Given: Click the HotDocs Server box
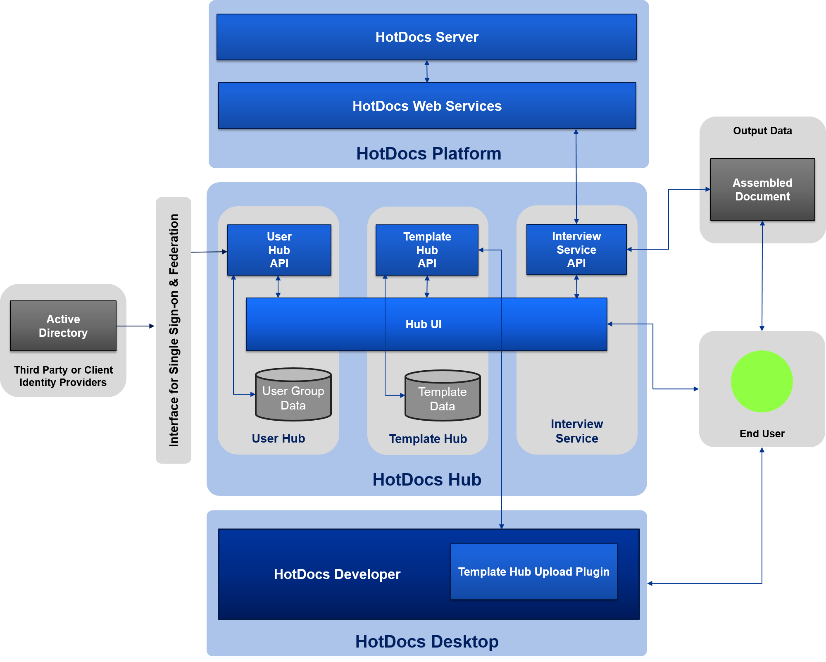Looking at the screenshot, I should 426,37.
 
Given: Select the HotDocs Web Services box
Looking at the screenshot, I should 427,106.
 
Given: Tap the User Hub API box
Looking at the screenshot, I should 279,250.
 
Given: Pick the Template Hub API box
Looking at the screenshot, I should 427,250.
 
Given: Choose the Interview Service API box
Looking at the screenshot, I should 576,250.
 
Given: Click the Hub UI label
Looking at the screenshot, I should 424,324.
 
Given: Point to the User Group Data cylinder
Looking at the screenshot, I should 293,395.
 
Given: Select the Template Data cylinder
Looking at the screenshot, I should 443,396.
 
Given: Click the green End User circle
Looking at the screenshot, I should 762,381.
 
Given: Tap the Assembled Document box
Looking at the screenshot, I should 762,190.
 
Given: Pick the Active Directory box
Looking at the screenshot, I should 63,326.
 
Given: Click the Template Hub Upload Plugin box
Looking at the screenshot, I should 533,572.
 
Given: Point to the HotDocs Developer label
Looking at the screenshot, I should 337,574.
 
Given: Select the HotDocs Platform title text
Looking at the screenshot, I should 428,154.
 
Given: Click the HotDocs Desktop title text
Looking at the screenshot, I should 427,642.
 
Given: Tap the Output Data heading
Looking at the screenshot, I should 762,131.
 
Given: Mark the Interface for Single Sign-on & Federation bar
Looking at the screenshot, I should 174,330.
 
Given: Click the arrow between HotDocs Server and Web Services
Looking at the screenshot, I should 427,71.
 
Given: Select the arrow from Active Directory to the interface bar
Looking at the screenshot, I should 136,326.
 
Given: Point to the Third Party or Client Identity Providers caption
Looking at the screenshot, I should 63,376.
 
